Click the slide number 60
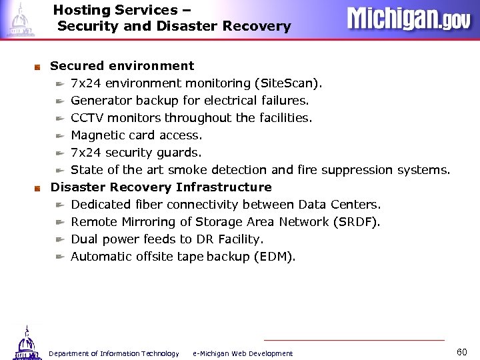(462, 351)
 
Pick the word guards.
(178, 153)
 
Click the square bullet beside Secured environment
(38, 67)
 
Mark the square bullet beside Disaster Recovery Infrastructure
(38, 188)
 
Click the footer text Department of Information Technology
(114, 353)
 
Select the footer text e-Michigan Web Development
(242, 353)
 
